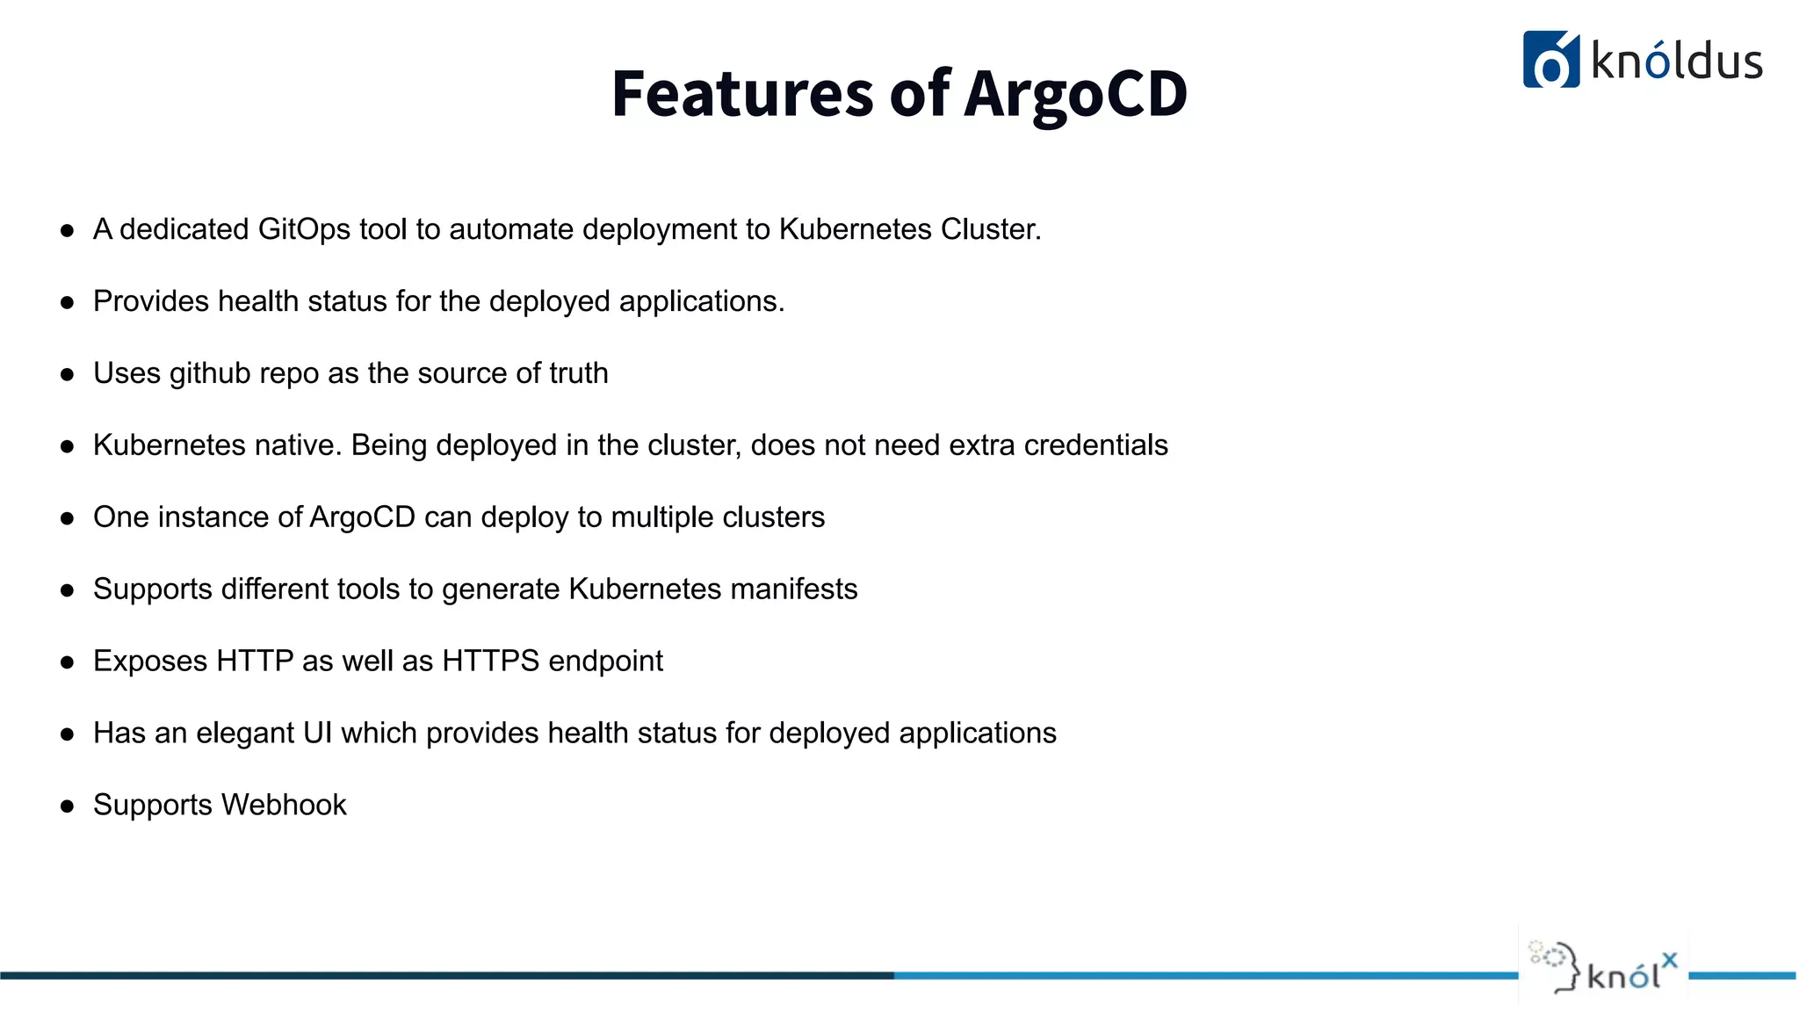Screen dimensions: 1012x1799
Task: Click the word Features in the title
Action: (742, 94)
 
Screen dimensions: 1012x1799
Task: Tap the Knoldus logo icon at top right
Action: (1550, 60)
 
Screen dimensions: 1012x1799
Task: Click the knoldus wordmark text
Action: (1676, 62)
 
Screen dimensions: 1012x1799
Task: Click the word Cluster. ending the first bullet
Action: (990, 229)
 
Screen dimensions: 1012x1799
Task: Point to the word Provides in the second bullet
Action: (151, 301)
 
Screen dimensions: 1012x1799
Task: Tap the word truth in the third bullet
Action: (578, 373)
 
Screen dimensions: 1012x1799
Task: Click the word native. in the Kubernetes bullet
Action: (298, 445)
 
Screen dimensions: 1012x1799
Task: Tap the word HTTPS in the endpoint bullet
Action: (490, 661)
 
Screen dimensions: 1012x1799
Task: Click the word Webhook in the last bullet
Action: (284, 806)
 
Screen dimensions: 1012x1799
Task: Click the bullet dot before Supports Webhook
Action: (68, 806)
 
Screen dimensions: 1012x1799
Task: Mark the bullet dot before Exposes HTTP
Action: (68, 662)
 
